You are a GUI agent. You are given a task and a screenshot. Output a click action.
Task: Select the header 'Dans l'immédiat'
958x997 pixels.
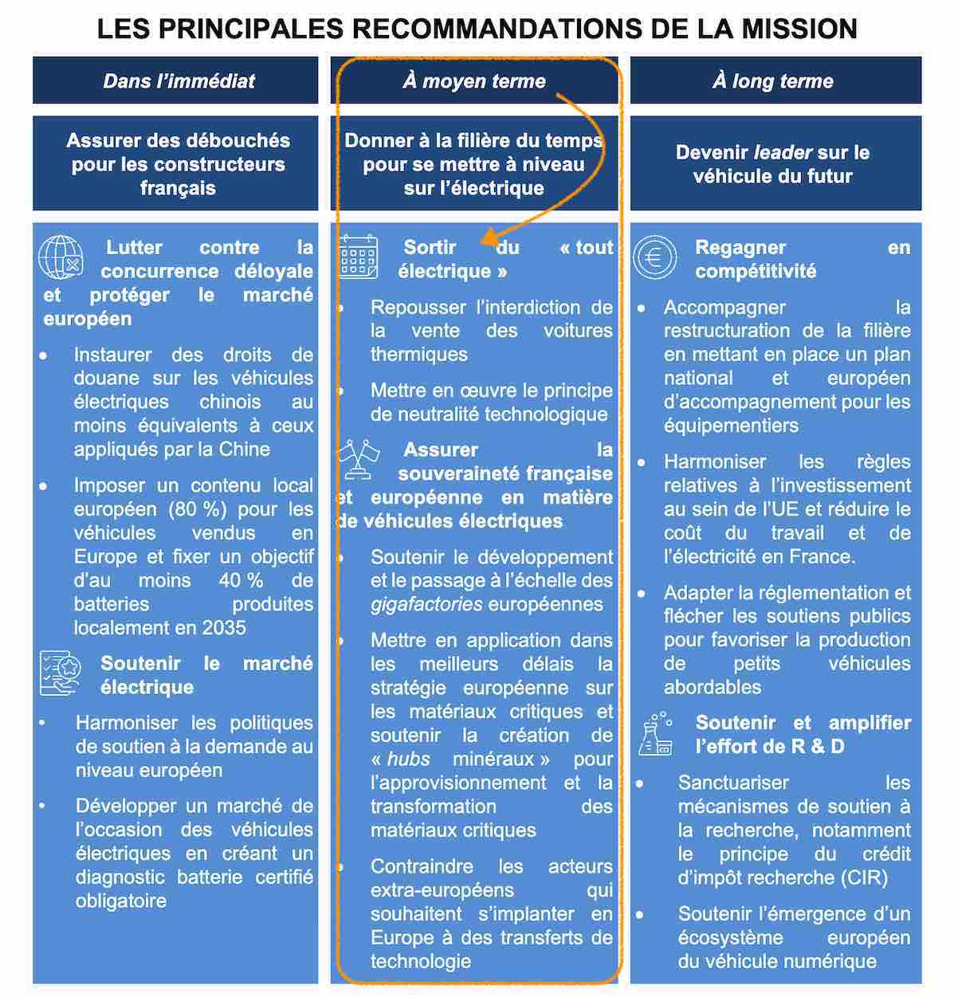tap(179, 80)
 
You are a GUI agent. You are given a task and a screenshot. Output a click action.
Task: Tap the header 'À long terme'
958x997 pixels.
tap(772, 80)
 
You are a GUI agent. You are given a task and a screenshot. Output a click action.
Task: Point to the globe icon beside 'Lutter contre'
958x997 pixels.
tap(61, 257)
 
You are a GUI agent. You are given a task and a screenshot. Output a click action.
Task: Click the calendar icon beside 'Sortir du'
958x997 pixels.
tap(359, 257)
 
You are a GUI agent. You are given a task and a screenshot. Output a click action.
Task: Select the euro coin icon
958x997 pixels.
tap(655, 257)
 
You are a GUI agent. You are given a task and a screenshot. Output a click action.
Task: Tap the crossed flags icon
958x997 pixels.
tap(358, 460)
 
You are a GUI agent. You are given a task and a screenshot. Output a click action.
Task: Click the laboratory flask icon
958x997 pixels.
tap(656, 733)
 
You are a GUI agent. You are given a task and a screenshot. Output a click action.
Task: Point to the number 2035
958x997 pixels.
tap(224, 628)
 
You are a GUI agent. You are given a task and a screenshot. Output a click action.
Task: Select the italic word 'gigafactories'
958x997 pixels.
tap(426, 604)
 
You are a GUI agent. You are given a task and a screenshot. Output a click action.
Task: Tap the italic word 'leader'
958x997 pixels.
tap(783, 152)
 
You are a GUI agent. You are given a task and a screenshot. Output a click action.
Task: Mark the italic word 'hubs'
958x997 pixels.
tap(408, 759)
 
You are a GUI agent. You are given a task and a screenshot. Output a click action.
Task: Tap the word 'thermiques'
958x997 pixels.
tap(418, 355)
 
